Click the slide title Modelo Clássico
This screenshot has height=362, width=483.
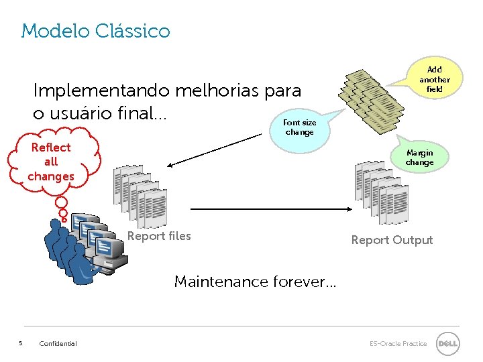click(95, 31)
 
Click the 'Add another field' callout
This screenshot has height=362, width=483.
click(435, 80)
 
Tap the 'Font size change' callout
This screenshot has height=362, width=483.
click(299, 127)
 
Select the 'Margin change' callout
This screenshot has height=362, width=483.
click(419, 158)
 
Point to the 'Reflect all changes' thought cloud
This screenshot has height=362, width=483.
click(52, 162)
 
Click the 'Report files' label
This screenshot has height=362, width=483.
click(159, 236)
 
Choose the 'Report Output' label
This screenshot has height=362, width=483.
click(392, 240)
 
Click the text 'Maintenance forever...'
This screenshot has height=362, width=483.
click(255, 282)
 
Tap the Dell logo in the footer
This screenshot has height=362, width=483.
click(447, 344)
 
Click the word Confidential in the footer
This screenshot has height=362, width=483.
click(58, 344)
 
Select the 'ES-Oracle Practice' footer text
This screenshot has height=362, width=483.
click(398, 344)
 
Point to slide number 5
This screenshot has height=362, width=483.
click(20, 344)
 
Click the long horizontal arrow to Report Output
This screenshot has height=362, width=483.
click(268, 208)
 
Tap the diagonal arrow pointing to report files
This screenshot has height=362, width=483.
click(215, 149)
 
